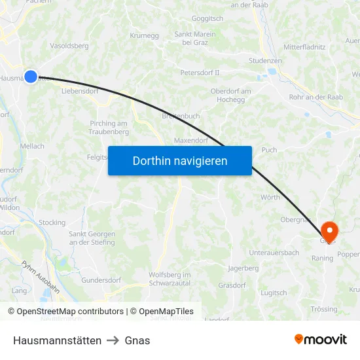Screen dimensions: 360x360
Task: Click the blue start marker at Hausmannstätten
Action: tap(30, 77)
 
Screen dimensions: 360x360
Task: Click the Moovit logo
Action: tap(321, 340)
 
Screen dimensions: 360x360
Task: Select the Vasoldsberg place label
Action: tap(69, 46)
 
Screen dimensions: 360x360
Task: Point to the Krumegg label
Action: tap(145, 35)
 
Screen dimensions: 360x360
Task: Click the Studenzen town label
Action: tap(265, 61)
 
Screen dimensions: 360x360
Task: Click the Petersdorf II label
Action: tap(200, 72)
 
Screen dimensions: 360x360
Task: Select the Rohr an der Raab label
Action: tap(316, 97)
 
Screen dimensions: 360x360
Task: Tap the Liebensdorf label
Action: tap(79, 91)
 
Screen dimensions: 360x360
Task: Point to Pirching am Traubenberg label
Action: tap(109, 128)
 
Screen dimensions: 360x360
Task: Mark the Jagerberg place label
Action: tap(243, 268)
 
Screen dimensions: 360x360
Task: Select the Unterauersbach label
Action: tap(274, 253)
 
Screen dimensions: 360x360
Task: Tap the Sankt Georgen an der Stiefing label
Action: tap(92, 238)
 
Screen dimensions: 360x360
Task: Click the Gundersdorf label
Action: tap(101, 280)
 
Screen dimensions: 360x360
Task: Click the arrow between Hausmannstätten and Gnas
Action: tap(113, 340)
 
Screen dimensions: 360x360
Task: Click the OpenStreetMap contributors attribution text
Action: tap(70, 312)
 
